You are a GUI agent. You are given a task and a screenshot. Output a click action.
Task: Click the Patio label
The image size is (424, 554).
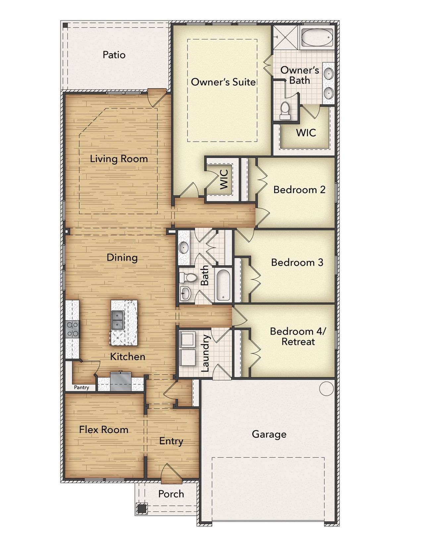point(114,55)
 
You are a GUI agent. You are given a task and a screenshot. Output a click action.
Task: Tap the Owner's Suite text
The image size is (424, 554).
point(223,82)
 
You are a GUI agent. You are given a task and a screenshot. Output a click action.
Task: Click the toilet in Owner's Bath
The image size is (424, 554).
point(285,111)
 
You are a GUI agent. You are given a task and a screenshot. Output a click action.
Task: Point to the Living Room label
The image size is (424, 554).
point(119,159)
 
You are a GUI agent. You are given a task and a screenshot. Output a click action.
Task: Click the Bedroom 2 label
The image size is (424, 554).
point(299,190)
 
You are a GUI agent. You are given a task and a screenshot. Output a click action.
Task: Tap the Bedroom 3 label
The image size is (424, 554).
point(297,262)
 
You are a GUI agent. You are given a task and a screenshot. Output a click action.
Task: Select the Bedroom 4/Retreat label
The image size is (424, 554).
point(298,336)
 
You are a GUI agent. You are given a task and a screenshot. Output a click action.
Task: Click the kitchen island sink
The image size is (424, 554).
point(117,320)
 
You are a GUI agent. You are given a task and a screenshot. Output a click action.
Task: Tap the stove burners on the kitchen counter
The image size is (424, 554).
point(73,329)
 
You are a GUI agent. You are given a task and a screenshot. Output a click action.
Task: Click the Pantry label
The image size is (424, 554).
point(81,387)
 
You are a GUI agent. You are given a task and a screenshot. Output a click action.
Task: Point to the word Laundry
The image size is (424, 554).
point(206,353)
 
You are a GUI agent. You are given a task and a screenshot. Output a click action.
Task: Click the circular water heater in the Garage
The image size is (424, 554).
point(326,388)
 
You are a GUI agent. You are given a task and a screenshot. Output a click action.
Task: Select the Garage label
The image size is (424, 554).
point(269,434)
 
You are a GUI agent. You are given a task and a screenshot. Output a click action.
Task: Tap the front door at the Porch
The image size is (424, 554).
point(171,473)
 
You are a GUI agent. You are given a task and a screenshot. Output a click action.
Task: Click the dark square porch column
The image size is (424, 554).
point(142,508)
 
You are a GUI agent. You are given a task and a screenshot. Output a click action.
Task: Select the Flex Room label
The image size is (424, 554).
point(103,430)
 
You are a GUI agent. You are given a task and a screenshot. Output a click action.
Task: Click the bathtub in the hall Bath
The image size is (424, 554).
point(223,285)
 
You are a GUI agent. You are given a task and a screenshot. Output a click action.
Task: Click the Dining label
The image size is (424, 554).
point(122,258)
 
